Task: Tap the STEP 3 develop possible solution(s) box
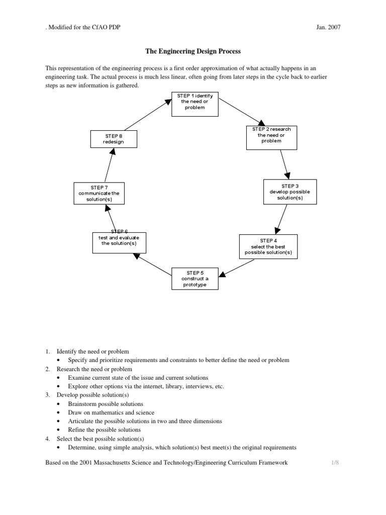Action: pyautogui.click(x=290, y=192)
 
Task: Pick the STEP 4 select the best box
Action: pyautogui.click(x=268, y=246)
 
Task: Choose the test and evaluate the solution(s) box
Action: pyautogui.click(x=119, y=243)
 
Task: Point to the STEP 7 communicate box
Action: pyautogui.click(x=99, y=193)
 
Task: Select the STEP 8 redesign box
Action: pyautogui.click(x=114, y=139)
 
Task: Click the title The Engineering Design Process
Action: pyautogui.click(x=193, y=51)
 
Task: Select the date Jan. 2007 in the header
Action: pyautogui.click(x=329, y=27)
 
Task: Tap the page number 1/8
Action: pyautogui.click(x=336, y=463)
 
